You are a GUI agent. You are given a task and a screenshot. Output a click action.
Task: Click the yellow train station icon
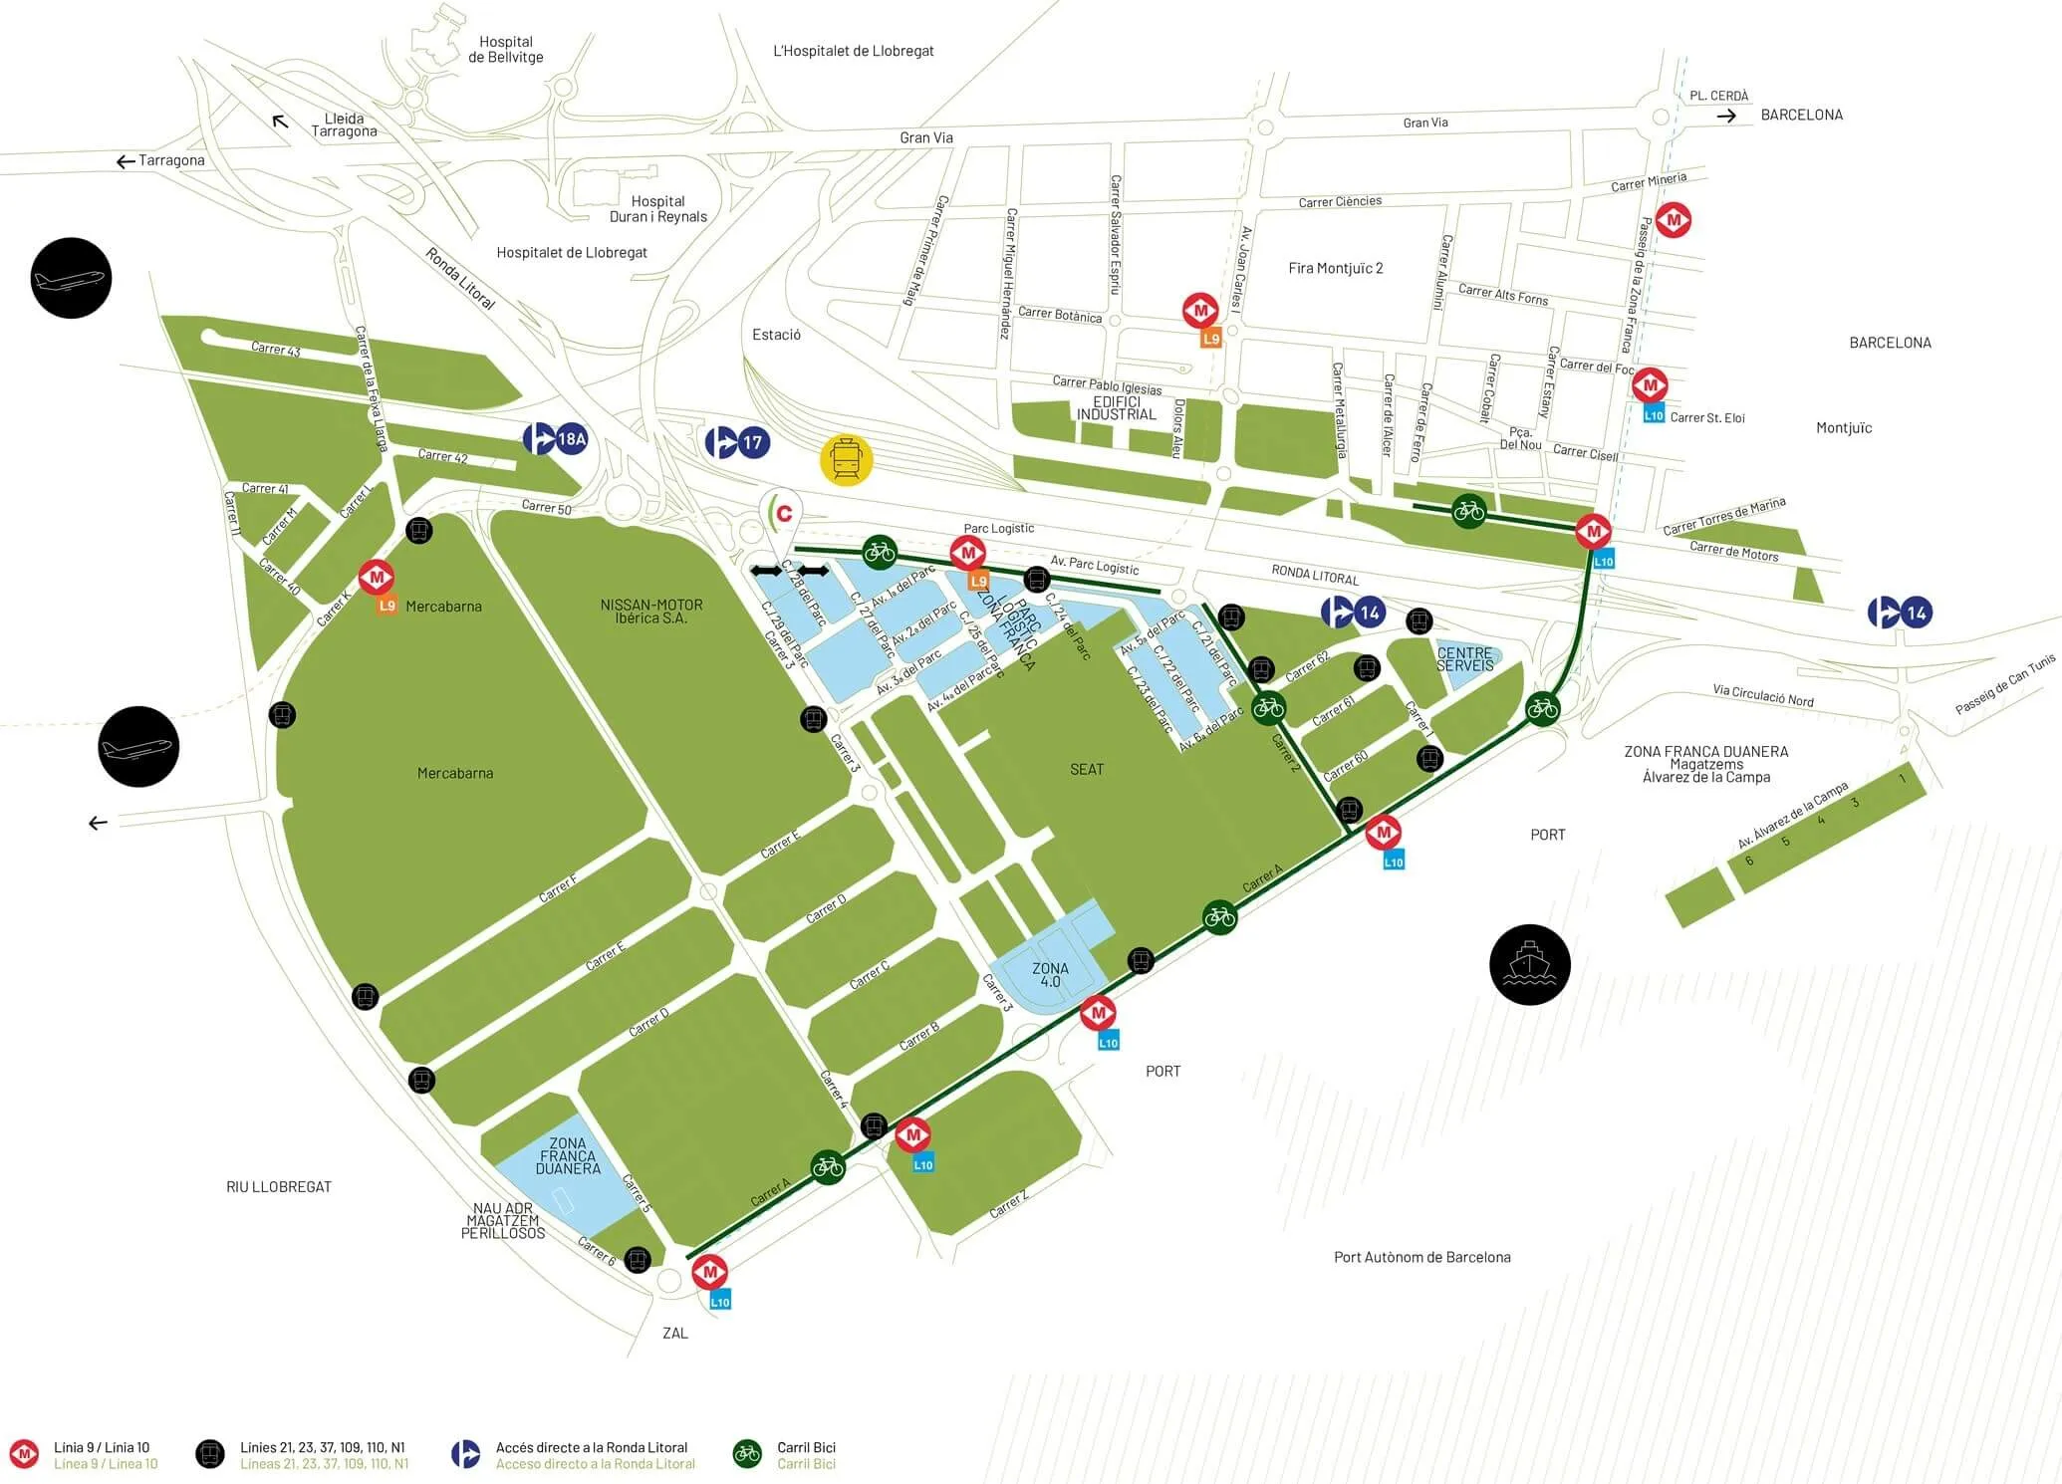tap(846, 460)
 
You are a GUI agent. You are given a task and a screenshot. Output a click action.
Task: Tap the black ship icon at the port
tap(1529, 964)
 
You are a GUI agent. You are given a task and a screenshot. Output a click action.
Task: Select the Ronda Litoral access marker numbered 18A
tap(556, 438)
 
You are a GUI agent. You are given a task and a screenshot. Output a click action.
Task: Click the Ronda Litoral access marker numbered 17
tap(737, 441)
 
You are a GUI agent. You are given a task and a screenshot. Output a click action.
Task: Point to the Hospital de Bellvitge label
tap(506, 49)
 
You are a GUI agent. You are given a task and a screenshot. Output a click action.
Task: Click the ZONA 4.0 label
tap(1050, 974)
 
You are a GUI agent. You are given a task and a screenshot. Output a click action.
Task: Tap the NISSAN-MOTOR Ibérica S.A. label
tap(651, 611)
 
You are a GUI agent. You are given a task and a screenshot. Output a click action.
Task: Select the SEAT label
tap(1086, 769)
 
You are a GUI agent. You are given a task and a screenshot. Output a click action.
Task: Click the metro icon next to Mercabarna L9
tap(377, 577)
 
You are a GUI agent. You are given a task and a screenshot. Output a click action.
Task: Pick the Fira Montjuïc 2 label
tap(1335, 268)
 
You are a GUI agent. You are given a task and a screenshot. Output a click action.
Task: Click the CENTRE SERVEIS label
tap(1464, 658)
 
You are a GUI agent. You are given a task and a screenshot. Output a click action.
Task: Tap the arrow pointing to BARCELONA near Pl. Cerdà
tap(1726, 116)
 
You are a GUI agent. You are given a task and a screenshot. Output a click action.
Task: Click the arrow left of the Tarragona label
tap(125, 161)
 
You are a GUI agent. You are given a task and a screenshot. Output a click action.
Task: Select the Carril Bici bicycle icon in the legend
tap(747, 1454)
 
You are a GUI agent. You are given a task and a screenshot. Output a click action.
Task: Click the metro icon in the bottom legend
tap(23, 1454)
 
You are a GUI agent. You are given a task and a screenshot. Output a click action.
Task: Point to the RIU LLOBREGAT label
tap(278, 1186)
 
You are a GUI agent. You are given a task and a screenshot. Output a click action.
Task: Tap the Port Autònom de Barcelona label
tap(1421, 1257)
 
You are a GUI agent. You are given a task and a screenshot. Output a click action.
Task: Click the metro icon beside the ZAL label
tap(709, 1272)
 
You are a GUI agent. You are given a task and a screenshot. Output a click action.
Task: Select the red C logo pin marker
tap(783, 513)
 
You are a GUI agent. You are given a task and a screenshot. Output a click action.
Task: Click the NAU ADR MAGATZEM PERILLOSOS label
tap(503, 1220)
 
